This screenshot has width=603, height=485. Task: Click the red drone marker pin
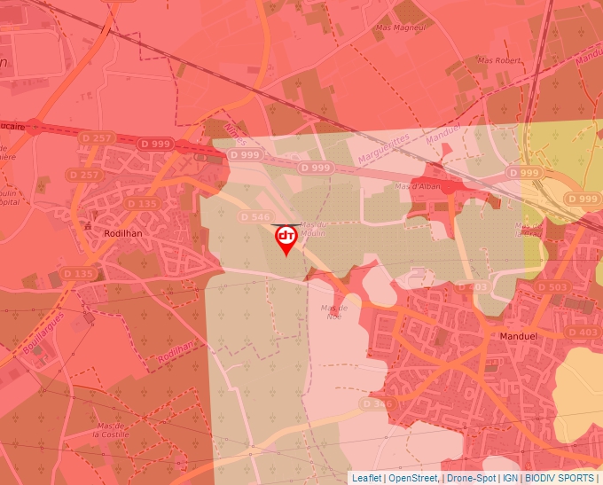tap(286, 239)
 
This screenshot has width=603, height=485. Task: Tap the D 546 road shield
tap(255, 217)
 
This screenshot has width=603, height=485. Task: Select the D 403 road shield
tap(583, 332)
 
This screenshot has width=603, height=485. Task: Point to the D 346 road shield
tap(377, 403)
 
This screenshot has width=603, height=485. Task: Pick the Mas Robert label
tap(497, 60)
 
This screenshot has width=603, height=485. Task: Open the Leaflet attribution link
tap(366, 478)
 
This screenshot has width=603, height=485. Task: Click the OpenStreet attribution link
tap(413, 478)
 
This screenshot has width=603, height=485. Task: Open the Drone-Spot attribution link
tap(471, 478)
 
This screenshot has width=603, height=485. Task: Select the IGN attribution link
tap(510, 478)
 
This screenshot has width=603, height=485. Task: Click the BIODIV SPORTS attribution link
tap(560, 478)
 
